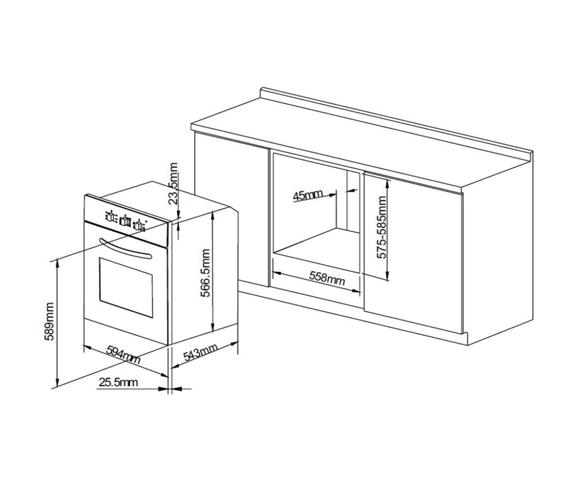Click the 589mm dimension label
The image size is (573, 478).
tap(49, 322)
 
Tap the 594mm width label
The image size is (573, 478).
tap(123, 354)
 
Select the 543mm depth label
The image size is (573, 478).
tap(201, 352)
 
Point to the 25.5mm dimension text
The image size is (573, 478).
tap(118, 382)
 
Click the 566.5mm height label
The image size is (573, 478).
tap(205, 273)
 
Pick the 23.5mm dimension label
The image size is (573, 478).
tap(173, 184)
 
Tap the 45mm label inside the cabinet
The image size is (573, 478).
tap(308, 196)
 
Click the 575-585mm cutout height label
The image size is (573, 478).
tap(382, 228)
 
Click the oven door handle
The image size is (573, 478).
tap(126, 249)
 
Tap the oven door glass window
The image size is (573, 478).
tap(126, 287)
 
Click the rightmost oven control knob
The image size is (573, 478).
tap(139, 225)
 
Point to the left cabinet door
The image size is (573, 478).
tap(231, 209)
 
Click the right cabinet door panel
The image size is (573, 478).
tap(414, 252)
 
